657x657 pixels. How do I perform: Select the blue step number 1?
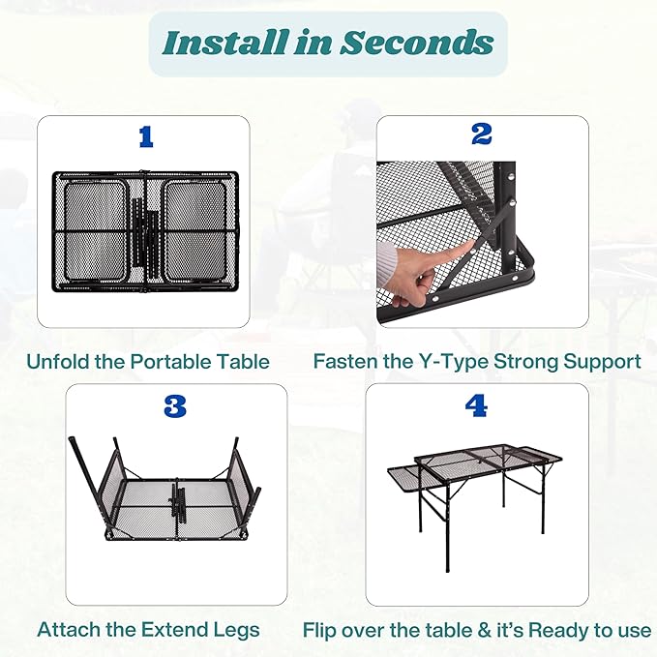[x=145, y=137]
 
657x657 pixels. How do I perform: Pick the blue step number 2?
[x=482, y=134]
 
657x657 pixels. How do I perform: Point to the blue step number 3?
[x=174, y=406]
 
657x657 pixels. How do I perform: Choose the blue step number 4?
[x=476, y=406]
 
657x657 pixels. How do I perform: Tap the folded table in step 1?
[x=145, y=230]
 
